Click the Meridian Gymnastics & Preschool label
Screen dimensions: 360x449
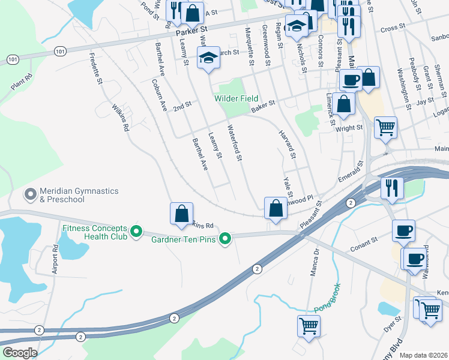79,195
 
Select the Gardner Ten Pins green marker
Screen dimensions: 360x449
226,239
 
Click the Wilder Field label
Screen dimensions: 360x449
237,98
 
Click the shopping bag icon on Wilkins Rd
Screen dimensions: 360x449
181,213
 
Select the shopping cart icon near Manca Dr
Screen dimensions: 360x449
309,326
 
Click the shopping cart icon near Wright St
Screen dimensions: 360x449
385,127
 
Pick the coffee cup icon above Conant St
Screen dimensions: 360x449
403,231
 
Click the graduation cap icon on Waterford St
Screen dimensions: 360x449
208,58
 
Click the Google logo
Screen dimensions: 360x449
20,353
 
